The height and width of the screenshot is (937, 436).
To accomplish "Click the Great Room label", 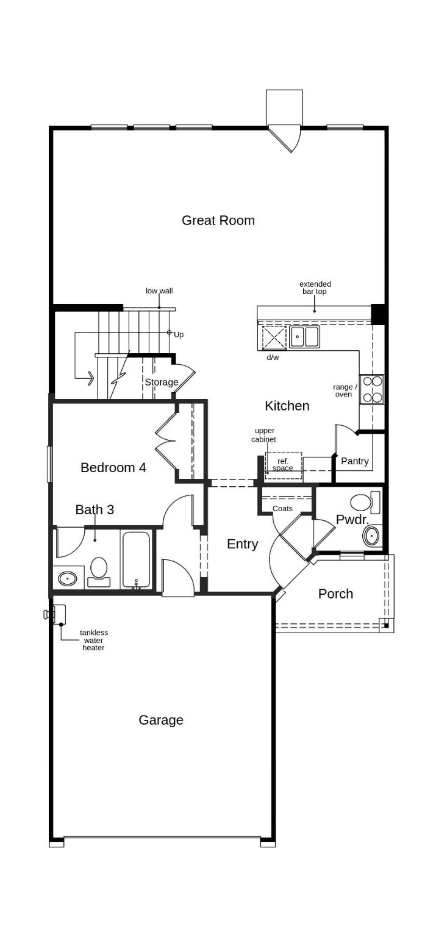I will [x=218, y=220].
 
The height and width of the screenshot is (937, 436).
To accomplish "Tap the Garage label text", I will [x=160, y=720].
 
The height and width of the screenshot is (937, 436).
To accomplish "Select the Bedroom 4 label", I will [x=113, y=467].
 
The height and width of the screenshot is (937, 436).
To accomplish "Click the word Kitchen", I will [x=287, y=406].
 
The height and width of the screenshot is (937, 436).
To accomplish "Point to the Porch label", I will [x=335, y=594].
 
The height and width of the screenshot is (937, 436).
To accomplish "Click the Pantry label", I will [x=354, y=461].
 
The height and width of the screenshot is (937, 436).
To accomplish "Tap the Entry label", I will [x=242, y=544].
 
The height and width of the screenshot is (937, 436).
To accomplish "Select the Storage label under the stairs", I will [x=161, y=382].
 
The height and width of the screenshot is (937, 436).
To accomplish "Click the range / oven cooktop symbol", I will [x=372, y=389].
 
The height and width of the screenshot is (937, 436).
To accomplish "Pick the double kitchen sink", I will [x=304, y=337].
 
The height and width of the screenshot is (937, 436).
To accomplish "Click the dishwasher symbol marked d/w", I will [x=274, y=337].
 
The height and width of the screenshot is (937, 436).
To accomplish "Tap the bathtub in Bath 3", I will [x=135, y=559].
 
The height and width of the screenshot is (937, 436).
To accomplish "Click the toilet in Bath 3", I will [x=99, y=570].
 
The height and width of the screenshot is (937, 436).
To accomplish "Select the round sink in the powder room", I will [x=371, y=536].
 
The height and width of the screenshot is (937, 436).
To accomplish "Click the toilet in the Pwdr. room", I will [x=363, y=503].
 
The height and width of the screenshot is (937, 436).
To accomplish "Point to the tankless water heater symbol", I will [x=59, y=614].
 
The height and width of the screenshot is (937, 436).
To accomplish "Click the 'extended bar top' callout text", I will [x=315, y=287].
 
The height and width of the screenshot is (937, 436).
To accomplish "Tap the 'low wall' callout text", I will [x=159, y=291].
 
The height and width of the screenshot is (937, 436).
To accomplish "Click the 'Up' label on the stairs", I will [x=179, y=335].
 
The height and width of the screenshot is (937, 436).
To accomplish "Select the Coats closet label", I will [x=282, y=508].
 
